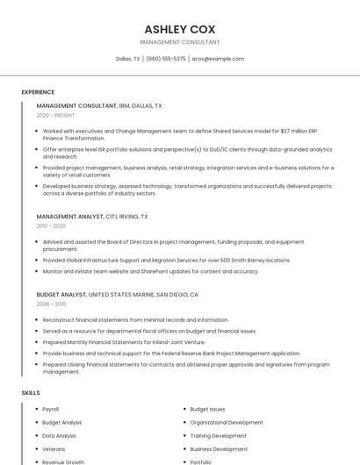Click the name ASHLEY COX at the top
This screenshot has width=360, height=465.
pos(180,29)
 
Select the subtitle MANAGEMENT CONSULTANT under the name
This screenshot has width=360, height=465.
pos(180,42)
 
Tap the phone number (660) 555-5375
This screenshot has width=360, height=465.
pos(166,59)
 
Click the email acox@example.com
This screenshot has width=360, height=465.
pos(218,59)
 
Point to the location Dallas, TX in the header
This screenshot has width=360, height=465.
pos(128,59)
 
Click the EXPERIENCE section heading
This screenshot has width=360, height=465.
pos(38,91)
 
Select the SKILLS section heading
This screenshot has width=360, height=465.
pos(31,392)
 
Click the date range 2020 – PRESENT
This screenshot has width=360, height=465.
pos(55,115)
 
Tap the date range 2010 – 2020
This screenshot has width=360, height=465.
pos(51,225)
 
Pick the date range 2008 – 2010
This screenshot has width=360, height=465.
pos(51,304)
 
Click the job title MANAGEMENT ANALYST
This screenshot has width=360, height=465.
pos(69,216)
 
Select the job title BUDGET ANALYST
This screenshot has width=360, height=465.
pos(61,295)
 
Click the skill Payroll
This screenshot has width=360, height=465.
pos(50,409)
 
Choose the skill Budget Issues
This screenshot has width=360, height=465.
pos(207,409)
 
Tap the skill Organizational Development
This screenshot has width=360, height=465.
pos(226,422)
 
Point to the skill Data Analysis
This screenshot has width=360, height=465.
pos(59,435)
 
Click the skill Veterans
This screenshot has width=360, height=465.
pos(54,448)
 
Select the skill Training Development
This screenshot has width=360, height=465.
pos(218,435)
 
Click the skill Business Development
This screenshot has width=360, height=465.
pos(219,448)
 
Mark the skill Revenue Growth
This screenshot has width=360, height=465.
pos(63,461)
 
